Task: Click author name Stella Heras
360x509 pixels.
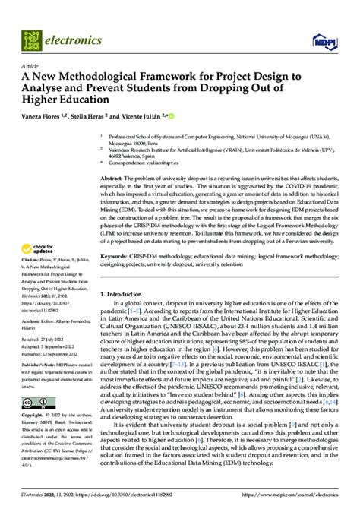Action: point(93,115)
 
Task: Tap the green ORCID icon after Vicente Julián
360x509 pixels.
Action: point(170,115)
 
